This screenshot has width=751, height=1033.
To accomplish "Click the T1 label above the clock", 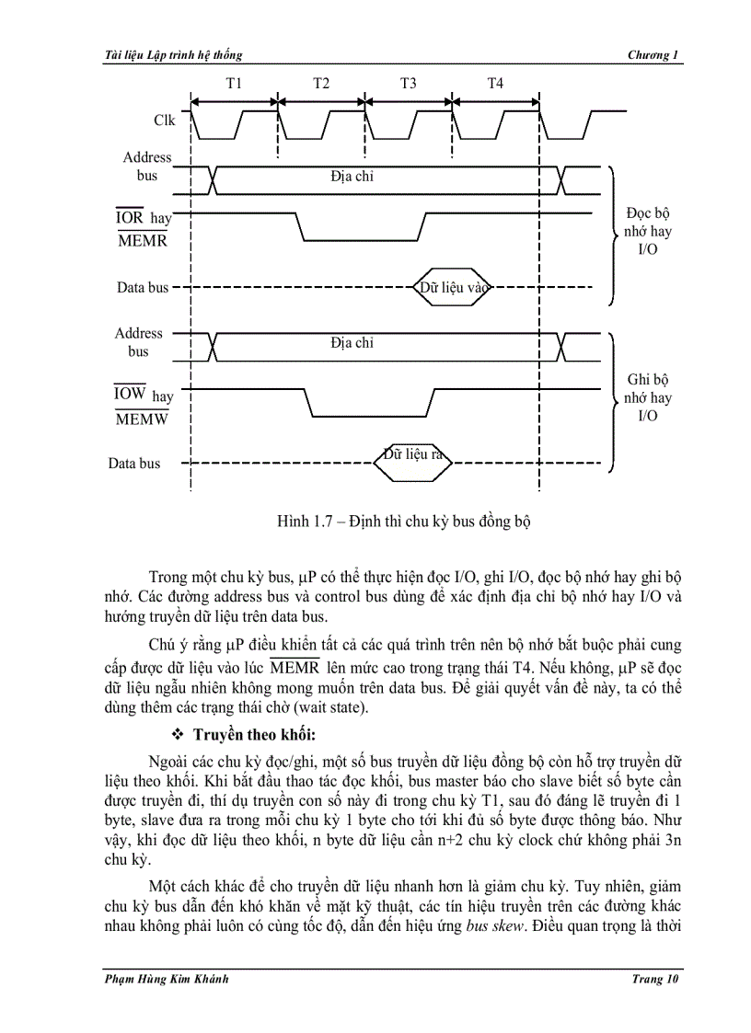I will click(x=234, y=84).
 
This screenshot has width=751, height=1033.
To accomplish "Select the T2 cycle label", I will click(x=321, y=84).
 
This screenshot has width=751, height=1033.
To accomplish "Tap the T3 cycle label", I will click(x=408, y=84).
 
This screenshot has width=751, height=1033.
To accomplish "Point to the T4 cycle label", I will click(x=495, y=84).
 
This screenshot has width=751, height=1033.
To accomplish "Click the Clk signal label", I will click(x=165, y=121).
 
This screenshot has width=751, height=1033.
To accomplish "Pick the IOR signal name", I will click(x=130, y=218).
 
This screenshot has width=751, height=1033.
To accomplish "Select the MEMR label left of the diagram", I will click(x=142, y=241).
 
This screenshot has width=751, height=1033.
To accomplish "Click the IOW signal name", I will click(x=131, y=394).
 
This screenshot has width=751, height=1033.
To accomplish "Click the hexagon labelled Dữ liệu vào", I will click(x=453, y=287).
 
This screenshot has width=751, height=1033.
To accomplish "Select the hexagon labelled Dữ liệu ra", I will click(x=413, y=454).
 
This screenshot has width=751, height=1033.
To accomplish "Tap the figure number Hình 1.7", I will click(x=308, y=522).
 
